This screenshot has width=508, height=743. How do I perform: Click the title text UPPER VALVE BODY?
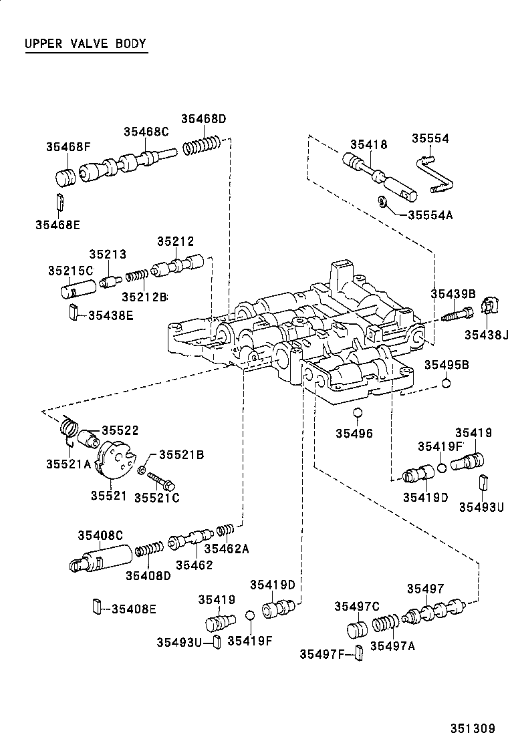tap(85, 44)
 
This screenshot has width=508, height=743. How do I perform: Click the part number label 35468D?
tap(203, 119)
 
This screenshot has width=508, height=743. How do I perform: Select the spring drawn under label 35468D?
tap(203, 144)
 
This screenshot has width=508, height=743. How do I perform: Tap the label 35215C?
tap(70, 271)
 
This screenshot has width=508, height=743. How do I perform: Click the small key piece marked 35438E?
tap(73, 312)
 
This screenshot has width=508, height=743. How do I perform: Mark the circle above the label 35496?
tap(358, 412)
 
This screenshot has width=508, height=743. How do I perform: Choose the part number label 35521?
tap(108, 496)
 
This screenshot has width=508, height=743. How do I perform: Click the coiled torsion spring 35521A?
tap(68, 428)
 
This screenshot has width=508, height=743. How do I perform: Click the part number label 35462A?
tap(226, 549)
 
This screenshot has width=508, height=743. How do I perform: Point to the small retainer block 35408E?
tap(96, 607)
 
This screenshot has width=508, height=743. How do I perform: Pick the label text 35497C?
tap(357, 606)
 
